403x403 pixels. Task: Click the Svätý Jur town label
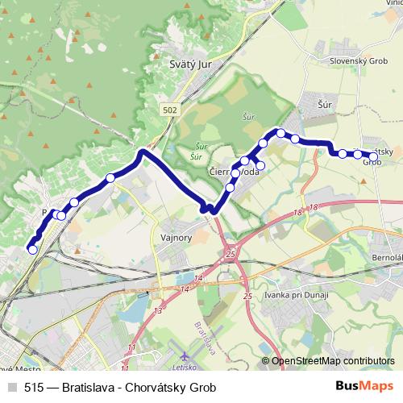(183, 65)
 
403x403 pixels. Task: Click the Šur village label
(326, 106)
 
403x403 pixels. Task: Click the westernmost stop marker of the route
(33, 250)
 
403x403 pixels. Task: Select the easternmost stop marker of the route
(373, 156)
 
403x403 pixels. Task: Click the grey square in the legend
(11, 387)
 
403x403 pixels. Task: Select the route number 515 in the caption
(34, 387)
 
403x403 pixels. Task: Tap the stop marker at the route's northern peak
(280, 132)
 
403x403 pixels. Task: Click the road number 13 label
(158, 310)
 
